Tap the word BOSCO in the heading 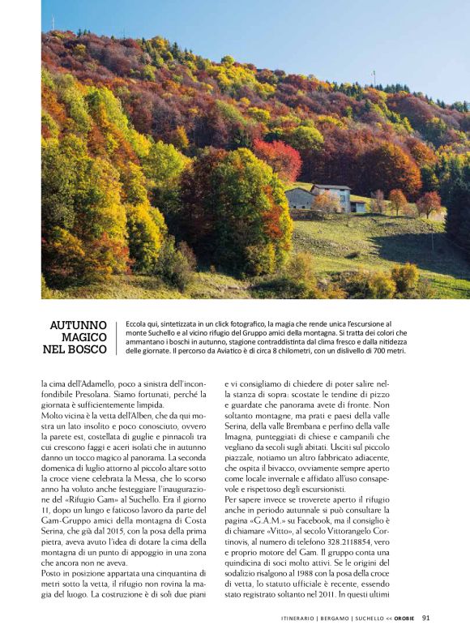89,350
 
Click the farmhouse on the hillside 320,196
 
